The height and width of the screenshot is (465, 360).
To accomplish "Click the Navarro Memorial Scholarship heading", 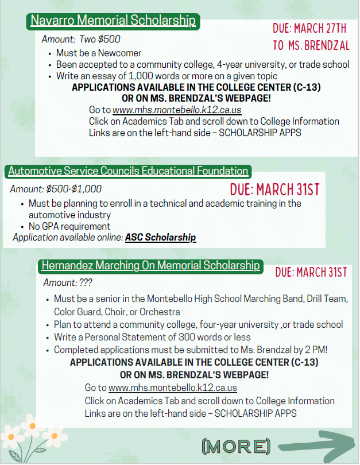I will [x=113, y=21].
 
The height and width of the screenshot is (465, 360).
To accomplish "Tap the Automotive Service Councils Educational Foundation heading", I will [x=128, y=171].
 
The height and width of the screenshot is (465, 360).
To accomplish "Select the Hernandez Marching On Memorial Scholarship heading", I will [x=150, y=266].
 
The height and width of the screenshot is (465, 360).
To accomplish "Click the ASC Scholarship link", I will [x=160, y=238].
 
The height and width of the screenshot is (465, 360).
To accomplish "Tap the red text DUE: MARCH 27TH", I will [x=309, y=28].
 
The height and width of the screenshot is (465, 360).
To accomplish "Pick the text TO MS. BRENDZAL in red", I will [x=311, y=45].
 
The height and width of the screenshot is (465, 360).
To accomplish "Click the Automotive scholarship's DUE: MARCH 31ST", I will [x=274, y=189].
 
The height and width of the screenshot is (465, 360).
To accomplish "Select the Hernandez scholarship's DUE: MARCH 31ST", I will [x=311, y=272].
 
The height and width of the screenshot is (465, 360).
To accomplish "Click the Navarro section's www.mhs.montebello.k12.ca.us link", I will [x=185, y=110].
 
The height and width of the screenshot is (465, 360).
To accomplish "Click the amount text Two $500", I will [x=104, y=40].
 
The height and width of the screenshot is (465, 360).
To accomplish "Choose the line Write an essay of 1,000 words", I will [x=167, y=76].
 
